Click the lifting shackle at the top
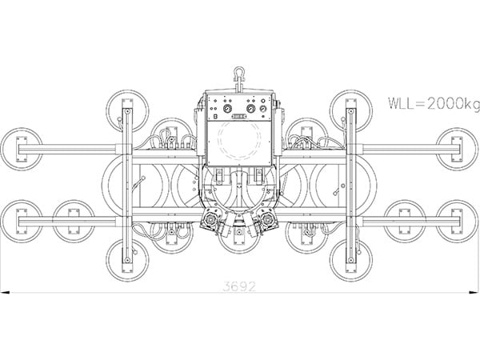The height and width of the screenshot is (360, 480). [x=238, y=76]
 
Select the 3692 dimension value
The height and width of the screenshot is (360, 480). [x=239, y=286]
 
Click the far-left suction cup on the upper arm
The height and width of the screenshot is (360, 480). [x=21, y=149]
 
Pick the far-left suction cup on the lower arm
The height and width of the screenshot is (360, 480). [x=21, y=220]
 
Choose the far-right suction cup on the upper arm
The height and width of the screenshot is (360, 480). [x=458, y=149]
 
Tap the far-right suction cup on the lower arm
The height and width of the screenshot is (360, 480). [x=458, y=220]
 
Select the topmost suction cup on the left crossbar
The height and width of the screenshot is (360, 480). [x=126, y=110]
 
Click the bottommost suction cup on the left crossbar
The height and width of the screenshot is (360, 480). [x=126, y=259]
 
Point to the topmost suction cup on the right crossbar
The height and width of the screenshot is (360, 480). [x=350, y=110]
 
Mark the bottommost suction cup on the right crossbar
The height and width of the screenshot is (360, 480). [x=350, y=259]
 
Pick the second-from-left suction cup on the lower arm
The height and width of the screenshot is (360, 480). [x=74, y=220]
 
